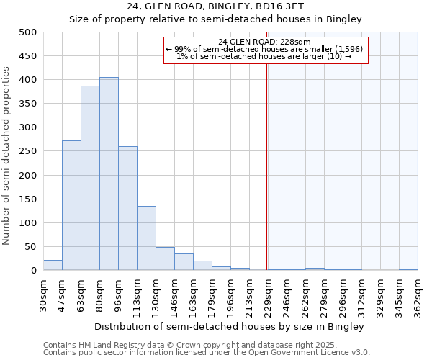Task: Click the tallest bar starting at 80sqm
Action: click(109, 174)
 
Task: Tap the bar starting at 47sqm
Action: click(71, 205)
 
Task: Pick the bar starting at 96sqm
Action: click(127, 208)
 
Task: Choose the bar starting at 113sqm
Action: click(146, 238)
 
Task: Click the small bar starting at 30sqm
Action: click(53, 265)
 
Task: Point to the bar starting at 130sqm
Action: click(165, 258)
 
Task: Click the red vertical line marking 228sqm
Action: click(267, 180)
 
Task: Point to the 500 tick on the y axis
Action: click(29, 32)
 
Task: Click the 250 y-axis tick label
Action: click(29, 151)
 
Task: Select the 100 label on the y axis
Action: click(29, 223)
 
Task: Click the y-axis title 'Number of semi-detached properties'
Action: click(8, 156)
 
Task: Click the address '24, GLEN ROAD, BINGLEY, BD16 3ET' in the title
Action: click(215, 7)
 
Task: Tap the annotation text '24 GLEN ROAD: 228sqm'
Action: click(264, 42)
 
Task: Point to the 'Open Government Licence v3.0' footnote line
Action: click(207, 353)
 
